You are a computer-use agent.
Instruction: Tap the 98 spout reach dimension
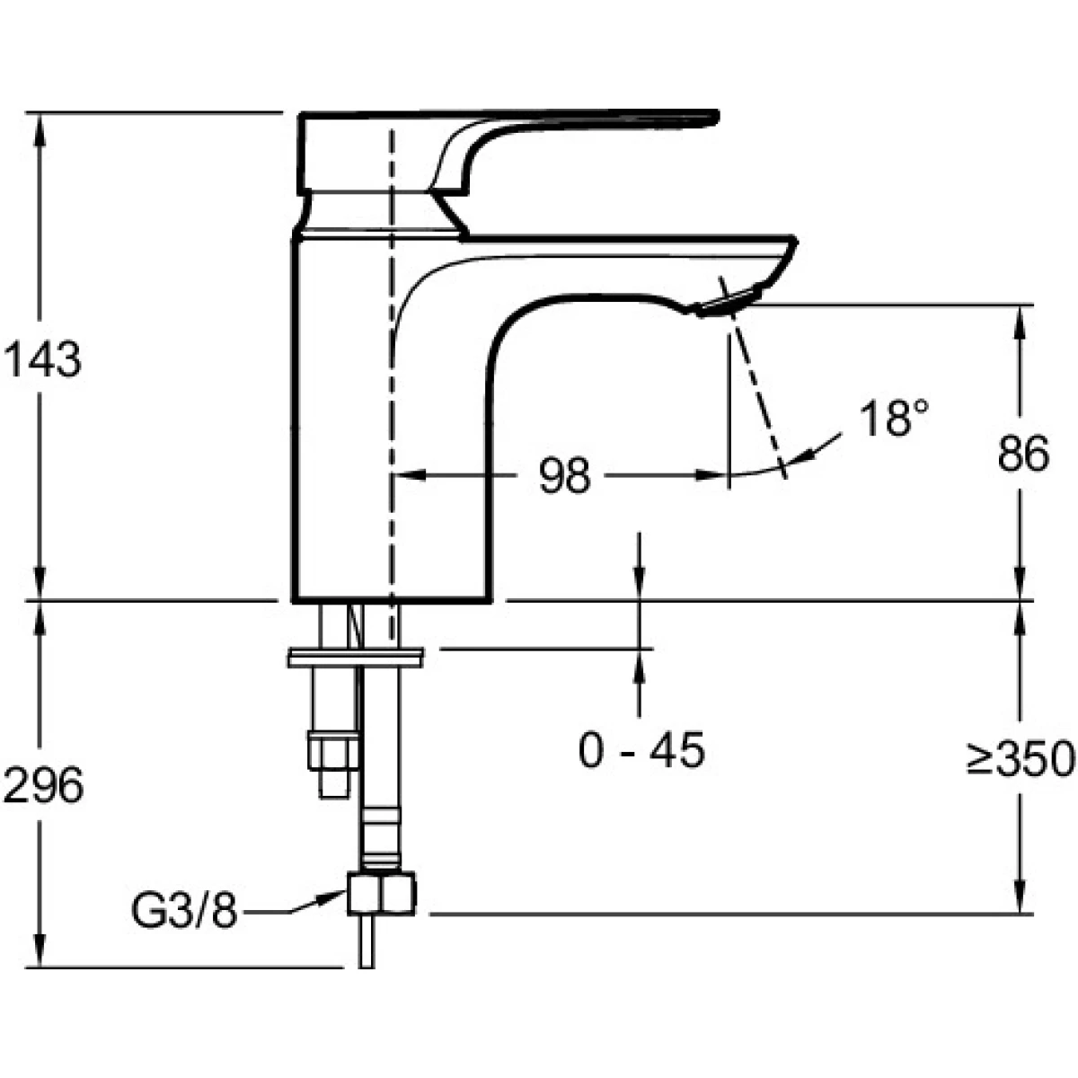[x=564, y=475]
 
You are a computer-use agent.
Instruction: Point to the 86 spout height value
[x=1024, y=454]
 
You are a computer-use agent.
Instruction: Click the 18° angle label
[x=894, y=418]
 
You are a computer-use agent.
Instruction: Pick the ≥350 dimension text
[x=1021, y=759]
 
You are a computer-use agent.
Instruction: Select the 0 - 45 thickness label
[x=641, y=750]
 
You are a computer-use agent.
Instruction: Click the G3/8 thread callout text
[x=185, y=911]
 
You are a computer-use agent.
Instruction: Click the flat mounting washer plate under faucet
[x=356, y=658]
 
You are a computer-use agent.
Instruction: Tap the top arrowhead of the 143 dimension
[x=40, y=128]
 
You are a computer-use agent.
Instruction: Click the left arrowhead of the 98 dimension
[x=410, y=475]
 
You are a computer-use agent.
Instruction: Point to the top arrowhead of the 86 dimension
[x=1020, y=321]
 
